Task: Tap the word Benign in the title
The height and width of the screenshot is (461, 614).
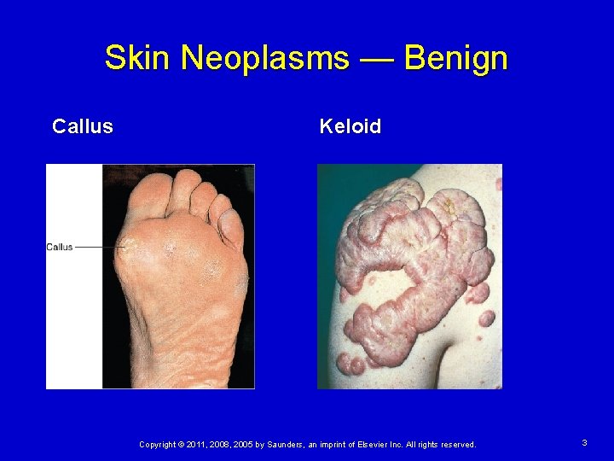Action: [455, 59]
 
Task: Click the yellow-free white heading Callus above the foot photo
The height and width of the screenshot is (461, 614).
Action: [83, 127]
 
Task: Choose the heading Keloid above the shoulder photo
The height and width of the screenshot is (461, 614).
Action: [350, 127]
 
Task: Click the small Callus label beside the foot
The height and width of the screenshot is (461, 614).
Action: [60, 248]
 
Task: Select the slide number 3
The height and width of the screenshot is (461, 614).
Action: [584, 443]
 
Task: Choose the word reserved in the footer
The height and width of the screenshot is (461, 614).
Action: [455, 445]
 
